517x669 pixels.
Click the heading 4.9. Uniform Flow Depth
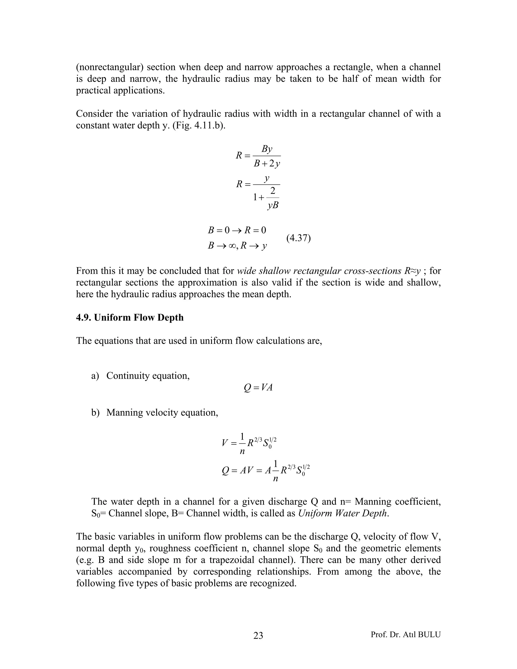(130, 317)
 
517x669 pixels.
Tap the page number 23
(258, 635)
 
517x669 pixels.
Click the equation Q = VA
(258, 388)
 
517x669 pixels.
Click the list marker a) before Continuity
(95, 376)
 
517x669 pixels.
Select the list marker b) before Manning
(95, 413)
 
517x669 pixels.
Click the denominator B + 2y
(267, 164)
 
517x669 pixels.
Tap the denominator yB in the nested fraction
(273, 205)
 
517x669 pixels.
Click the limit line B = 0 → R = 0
(237, 230)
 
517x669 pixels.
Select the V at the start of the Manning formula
(225, 443)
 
